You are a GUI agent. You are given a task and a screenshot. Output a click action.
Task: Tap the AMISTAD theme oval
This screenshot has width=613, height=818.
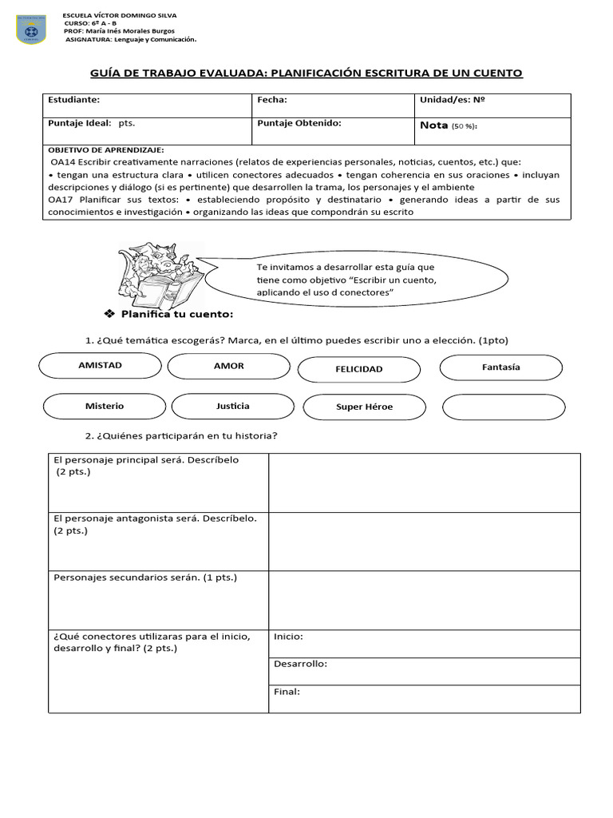click(100, 366)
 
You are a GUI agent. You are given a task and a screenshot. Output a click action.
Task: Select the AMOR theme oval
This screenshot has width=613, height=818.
click(229, 366)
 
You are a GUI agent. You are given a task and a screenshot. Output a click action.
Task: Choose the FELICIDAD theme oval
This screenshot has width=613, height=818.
click(358, 369)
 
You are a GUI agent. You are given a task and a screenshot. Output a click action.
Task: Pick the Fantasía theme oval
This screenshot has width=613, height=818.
click(500, 367)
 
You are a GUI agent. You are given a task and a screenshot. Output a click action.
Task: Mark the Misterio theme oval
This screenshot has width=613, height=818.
click(105, 406)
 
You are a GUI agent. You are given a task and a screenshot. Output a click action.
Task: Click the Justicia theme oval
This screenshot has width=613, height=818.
click(232, 406)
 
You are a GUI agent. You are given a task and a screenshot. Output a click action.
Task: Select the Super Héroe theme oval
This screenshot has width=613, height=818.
click(364, 407)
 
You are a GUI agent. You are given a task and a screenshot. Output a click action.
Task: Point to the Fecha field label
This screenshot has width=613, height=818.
click(271, 101)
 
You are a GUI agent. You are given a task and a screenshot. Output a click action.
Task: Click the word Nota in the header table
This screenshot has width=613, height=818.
click(433, 125)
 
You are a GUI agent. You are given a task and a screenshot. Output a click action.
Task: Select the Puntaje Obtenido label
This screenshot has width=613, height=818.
click(299, 124)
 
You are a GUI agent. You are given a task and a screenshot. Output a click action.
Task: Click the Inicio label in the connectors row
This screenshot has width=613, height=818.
click(288, 637)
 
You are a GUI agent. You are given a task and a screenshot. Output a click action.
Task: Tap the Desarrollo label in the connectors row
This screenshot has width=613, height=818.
click(300, 664)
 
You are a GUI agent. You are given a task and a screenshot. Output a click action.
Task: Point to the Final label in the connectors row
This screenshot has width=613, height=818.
click(287, 692)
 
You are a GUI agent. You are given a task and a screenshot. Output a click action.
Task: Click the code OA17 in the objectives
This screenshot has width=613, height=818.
click(61, 199)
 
